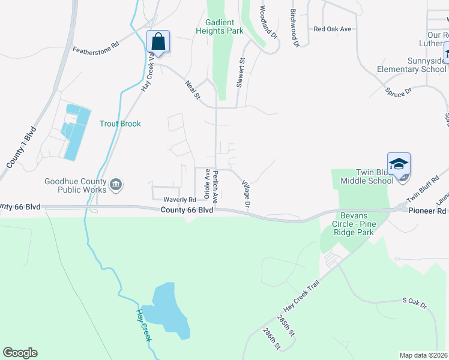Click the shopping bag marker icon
(x=158, y=42)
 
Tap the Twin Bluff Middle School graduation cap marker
(x=399, y=164)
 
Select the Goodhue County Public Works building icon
(x=117, y=185)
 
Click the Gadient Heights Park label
(x=224, y=26)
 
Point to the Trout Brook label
(x=120, y=124)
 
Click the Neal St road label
(x=193, y=90)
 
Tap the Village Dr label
(x=246, y=194)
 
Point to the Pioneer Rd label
(x=429, y=211)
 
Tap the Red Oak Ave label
(x=332, y=29)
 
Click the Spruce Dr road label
(x=399, y=91)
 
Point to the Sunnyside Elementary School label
(x=412, y=65)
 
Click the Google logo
(x=20, y=353)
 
